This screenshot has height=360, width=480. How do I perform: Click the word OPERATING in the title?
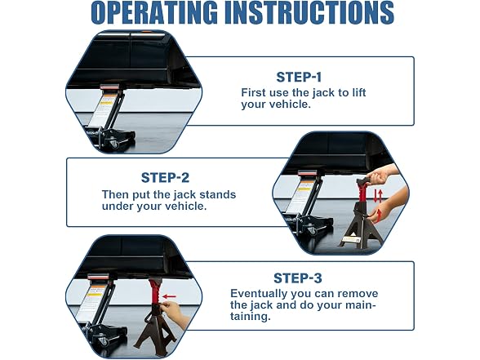tap(155, 12)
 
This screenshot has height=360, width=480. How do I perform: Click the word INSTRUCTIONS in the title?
tap(309, 12)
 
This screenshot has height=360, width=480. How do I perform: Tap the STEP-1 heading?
tap(299, 77)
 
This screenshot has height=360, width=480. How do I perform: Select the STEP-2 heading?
tap(165, 178)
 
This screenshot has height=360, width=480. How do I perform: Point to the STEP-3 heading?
tap(297, 278)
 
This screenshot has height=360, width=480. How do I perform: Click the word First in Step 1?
tap(253, 92)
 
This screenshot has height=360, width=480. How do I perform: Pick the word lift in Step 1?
tap(359, 92)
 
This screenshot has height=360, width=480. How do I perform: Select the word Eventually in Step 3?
tap(259, 294)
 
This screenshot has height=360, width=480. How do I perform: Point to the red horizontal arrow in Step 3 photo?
tap(169, 296)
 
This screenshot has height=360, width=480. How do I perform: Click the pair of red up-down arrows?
tap(379, 196)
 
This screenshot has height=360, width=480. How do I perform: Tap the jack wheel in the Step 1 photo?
tap(114, 144)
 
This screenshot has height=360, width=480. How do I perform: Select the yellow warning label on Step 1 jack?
tap(105, 103)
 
